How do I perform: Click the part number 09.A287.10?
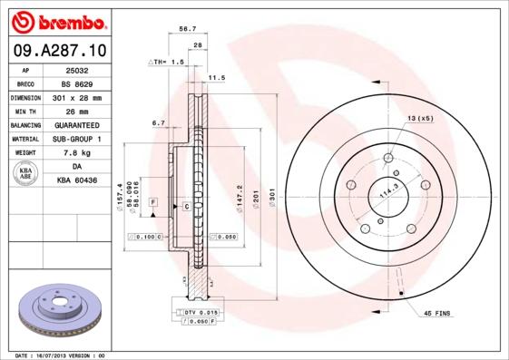point(56,51)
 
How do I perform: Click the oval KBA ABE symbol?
point(26,173)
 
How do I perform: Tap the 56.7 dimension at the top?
point(188,29)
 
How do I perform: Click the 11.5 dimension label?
point(217,78)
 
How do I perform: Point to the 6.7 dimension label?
point(158,122)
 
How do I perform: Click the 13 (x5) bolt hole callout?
point(420,119)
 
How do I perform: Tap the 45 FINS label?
point(436,314)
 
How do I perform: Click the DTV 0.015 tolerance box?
point(202,312)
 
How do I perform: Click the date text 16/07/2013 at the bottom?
point(59,355)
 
